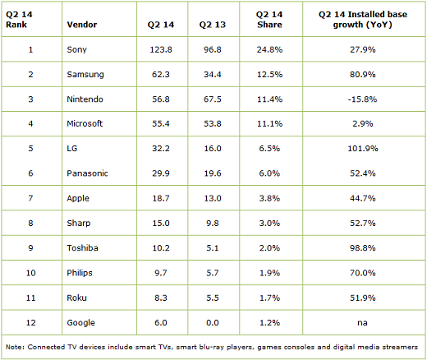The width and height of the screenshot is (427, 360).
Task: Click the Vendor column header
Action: coord(82,25)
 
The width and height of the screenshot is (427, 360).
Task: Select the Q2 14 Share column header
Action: coord(269,20)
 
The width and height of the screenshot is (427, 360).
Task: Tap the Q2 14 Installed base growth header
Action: coord(363,20)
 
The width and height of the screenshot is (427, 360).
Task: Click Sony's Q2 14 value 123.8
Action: coord(161,49)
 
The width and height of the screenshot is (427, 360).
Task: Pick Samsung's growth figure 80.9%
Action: coord(363,75)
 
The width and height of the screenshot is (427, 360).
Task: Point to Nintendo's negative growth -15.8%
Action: coord(363,99)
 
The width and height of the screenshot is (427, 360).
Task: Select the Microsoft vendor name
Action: coord(85,123)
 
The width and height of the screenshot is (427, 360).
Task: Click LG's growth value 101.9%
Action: coord(363,149)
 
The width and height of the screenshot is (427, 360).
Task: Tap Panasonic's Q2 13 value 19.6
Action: coord(213,173)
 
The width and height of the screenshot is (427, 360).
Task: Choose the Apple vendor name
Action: coord(78,199)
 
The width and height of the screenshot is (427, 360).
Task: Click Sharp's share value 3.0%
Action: coord(269,224)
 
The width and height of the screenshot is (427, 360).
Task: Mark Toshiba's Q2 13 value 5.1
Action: coord(213,248)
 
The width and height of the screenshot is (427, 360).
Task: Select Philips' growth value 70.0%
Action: coord(363,273)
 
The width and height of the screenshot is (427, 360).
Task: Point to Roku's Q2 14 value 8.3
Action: coord(161,298)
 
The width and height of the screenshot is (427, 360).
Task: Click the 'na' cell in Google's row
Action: coord(362,323)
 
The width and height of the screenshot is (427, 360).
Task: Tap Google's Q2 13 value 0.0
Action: coord(213,323)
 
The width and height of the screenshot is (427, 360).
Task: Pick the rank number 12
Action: coord(30,323)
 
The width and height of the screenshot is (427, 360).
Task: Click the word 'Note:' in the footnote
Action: coord(15,347)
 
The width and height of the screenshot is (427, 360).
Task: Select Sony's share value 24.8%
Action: coord(269,49)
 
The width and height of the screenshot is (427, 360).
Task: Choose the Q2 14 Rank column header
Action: coord(19,20)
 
